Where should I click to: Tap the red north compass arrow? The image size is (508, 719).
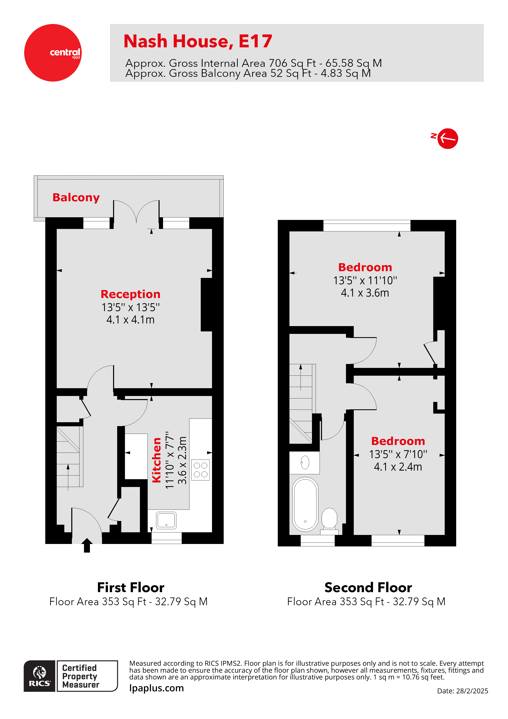coord(447,138)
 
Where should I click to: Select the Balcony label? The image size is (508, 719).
coord(76,197)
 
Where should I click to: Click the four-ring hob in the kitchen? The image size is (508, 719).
coord(200,470)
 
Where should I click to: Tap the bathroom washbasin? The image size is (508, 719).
coord(305,462)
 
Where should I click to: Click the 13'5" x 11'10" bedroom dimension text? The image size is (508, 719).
coord(365,280)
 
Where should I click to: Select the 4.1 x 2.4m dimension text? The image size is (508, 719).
coord(398,467)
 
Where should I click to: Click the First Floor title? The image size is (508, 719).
coord(130,587)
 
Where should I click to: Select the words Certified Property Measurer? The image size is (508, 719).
coord(81,676)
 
